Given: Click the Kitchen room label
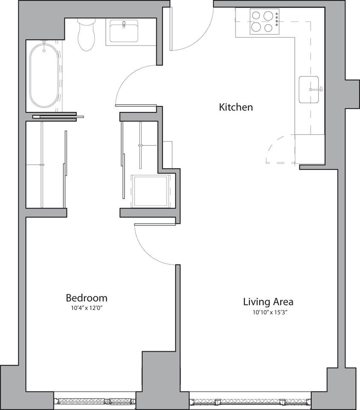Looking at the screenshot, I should tap(236, 107).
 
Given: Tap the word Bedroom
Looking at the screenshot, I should tap(86, 298).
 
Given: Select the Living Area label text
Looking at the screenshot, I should tap(268, 302).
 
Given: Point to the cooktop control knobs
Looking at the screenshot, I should tap(277, 21).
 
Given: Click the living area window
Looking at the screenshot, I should tap(250, 402).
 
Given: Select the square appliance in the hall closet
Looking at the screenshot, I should tap(149, 190).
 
